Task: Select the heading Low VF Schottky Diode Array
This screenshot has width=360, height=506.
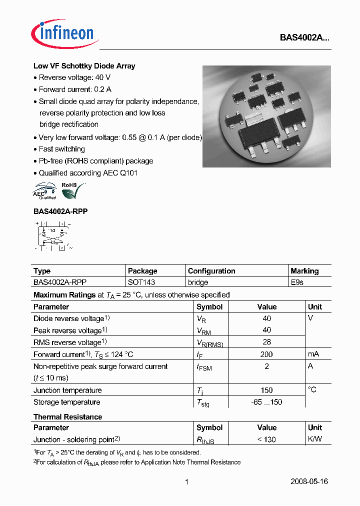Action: (84, 66)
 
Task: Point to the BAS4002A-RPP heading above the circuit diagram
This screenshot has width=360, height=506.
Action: (60, 211)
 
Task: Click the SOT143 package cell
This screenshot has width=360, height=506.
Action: (141, 282)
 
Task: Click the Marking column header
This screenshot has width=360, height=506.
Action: (304, 271)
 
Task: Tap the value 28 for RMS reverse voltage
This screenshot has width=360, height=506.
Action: (266, 342)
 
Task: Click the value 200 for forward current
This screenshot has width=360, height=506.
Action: (266, 354)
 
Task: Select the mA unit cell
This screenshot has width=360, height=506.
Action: (313, 354)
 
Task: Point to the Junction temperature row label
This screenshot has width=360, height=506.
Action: (67, 390)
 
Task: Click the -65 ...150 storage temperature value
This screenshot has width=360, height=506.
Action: (266, 402)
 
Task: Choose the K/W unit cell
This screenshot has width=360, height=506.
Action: (315, 439)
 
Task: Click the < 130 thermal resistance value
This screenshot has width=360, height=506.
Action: (266, 439)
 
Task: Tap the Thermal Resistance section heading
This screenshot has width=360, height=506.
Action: (67, 417)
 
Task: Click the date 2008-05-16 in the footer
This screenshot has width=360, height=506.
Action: (309, 482)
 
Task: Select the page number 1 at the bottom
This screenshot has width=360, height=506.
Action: (186, 482)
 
